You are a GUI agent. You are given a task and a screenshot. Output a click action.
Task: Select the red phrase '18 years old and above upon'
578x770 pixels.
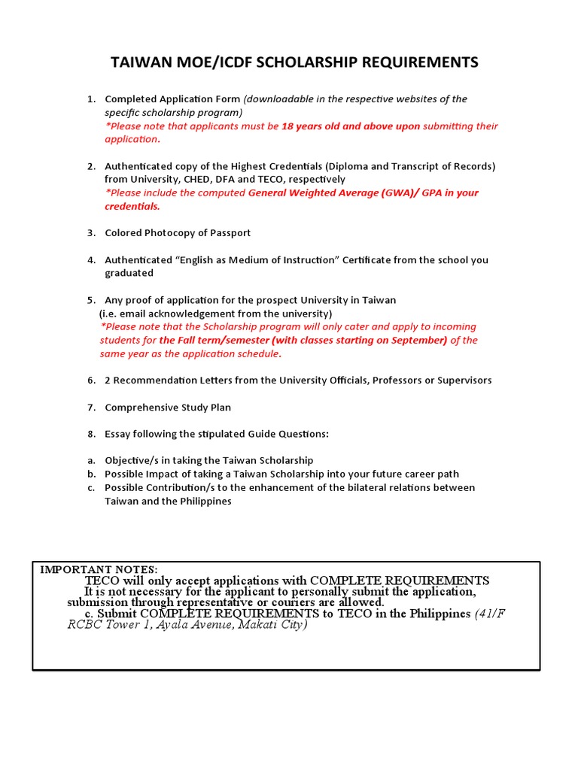click(350, 126)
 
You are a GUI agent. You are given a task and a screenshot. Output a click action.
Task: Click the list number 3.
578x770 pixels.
click(90, 233)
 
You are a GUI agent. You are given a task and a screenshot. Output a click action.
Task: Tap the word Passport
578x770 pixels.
click(230, 233)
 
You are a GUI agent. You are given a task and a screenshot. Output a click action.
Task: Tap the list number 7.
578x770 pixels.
click(90, 408)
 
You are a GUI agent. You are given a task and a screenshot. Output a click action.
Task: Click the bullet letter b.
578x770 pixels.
click(90, 474)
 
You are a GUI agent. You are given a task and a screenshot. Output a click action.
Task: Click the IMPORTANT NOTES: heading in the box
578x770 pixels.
click(99, 569)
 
